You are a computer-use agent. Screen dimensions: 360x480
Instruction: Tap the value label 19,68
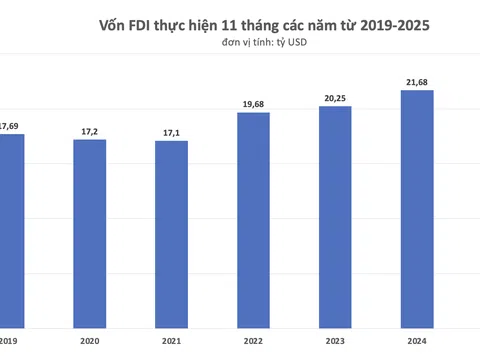[253, 104]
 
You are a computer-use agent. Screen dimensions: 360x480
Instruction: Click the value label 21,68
[416, 82]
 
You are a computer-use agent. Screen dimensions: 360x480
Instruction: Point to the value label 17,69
[11, 125]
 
